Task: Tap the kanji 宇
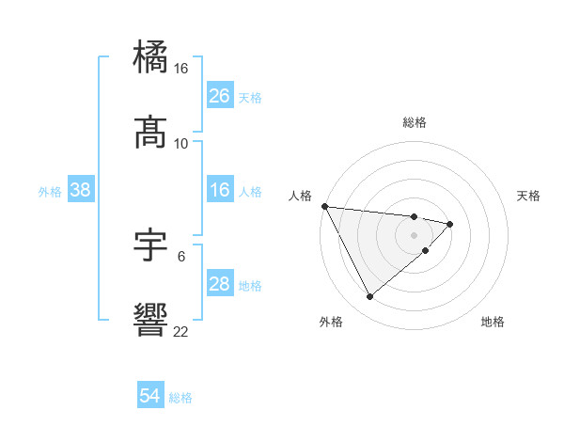pyautogui.click(x=152, y=245)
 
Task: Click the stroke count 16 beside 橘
pyautogui.click(x=181, y=69)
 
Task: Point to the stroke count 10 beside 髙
pyautogui.click(x=181, y=143)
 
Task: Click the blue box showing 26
pyautogui.click(x=219, y=96)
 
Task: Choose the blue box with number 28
pyautogui.click(x=219, y=284)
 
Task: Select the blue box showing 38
pyautogui.click(x=81, y=191)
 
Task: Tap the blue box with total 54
pyautogui.click(x=150, y=397)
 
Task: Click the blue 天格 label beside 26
pyautogui.click(x=250, y=98)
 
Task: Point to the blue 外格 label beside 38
pyautogui.click(x=50, y=192)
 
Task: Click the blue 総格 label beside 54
pyautogui.click(x=180, y=398)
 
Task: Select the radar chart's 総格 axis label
pyautogui.click(x=415, y=122)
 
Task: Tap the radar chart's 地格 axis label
pyautogui.click(x=493, y=322)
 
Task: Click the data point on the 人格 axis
pyautogui.click(x=324, y=205)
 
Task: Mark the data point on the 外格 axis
pyautogui.click(x=369, y=297)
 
